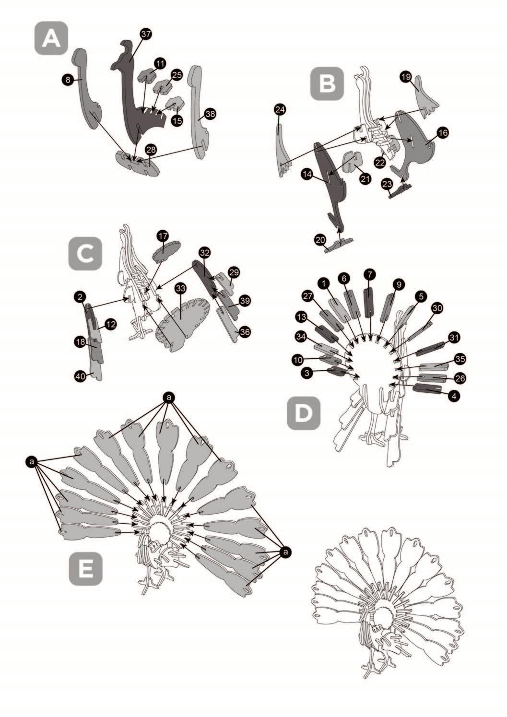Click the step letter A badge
pyautogui.click(x=51, y=38)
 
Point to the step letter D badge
pyautogui.click(x=304, y=413)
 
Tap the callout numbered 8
pyautogui.click(x=68, y=80)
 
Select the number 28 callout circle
pyautogui.click(x=151, y=150)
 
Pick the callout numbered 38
pyautogui.click(x=211, y=115)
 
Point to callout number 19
pyautogui.click(x=406, y=76)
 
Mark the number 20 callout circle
pyautogui.click(x=320, y=239)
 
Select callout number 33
pyautogui.click(x=180, y=289)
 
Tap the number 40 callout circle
pyautogui.click(x=81, y=376)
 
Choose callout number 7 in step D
pyautogui.click(x=369, y=274)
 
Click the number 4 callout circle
pyautogui.click(x=453, y=396)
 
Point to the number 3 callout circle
pyautogui.click(x=307, y=372)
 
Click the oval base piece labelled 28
pyautogui.click(x=138, y=163)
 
